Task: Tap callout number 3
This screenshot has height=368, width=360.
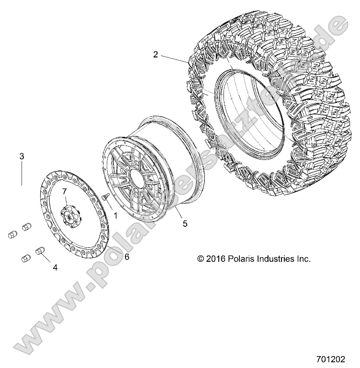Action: click(x=22, y=156)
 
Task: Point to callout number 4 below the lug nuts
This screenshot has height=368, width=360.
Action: click(x=55, y=268)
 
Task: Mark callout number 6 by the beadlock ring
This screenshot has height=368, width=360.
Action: click(x=127, y=256)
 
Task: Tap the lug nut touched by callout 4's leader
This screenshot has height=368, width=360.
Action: click(x=40, y=251)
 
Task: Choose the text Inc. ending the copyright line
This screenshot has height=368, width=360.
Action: click(x=304, y=258)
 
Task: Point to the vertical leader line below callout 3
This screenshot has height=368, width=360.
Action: click(x=22, y=174)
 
